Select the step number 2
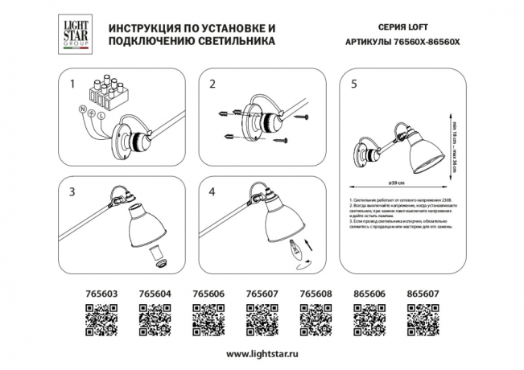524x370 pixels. (x=213, y=84)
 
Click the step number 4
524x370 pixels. (x=213, y=192)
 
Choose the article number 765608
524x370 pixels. (x=314, y=295)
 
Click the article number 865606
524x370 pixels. (x=367, y=295)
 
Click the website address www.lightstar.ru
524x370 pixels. (x=262, y=354)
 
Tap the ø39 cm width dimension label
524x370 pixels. (x=396, y=183)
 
